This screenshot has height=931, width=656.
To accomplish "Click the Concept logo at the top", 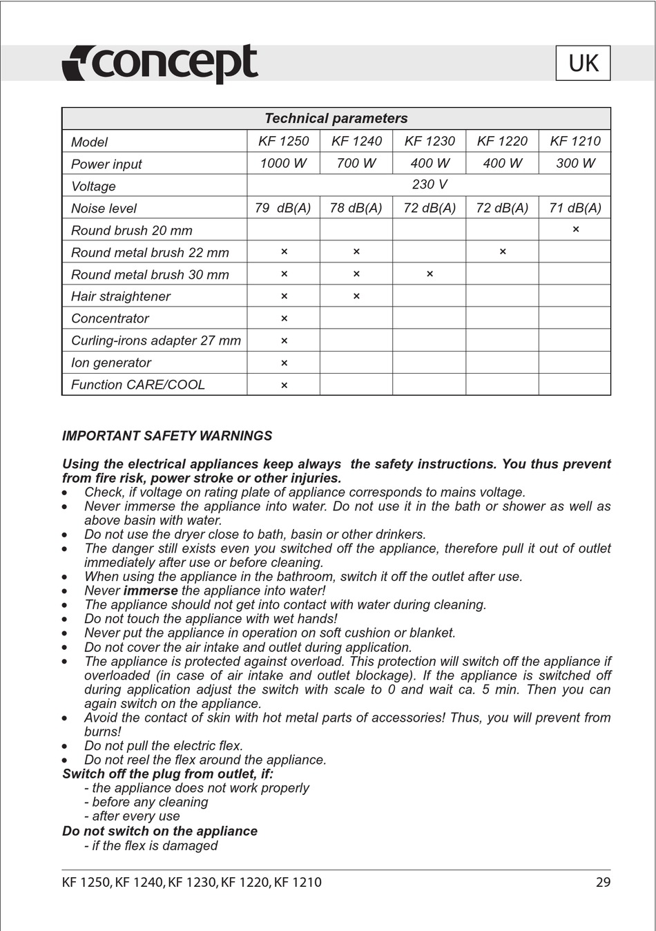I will [x=160, y=64].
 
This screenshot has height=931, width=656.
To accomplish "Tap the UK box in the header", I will [x=583, y=64].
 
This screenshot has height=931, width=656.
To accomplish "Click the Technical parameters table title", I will [x=336, y=119].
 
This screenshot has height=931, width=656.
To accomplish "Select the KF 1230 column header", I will [x=430, y=142].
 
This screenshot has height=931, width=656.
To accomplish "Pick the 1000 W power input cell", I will [x=283, y=164].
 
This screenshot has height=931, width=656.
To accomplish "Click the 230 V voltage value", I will [x=430, y=185].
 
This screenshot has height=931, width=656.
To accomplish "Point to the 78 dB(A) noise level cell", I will [x=356, y=208].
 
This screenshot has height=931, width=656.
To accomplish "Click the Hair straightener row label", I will [x=121, y=296].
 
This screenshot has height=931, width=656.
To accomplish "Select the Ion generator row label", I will [x=111, y=363].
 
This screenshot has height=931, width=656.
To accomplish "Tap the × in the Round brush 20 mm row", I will [x=576, y=229].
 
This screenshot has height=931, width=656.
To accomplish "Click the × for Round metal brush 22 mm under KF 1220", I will [x=503, y=251].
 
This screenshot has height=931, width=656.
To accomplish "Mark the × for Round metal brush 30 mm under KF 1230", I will [x=430, y=274].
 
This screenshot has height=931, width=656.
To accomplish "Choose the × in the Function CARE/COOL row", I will [x=284, y=385].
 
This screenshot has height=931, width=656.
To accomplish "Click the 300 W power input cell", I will [x=575, y=164].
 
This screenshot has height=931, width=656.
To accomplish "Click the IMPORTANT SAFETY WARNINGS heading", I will [x=167, y=436].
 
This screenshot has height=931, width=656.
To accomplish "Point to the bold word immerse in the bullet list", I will [x=151, y=591].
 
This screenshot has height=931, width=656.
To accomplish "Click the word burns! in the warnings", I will [x=103, y=731].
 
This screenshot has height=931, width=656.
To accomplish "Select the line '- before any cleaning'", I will [x=146, y=802].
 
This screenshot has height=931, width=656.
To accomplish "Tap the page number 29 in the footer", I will [x=603, y=882].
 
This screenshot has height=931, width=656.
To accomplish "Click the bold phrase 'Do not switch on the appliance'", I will [x=160, y=831].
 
